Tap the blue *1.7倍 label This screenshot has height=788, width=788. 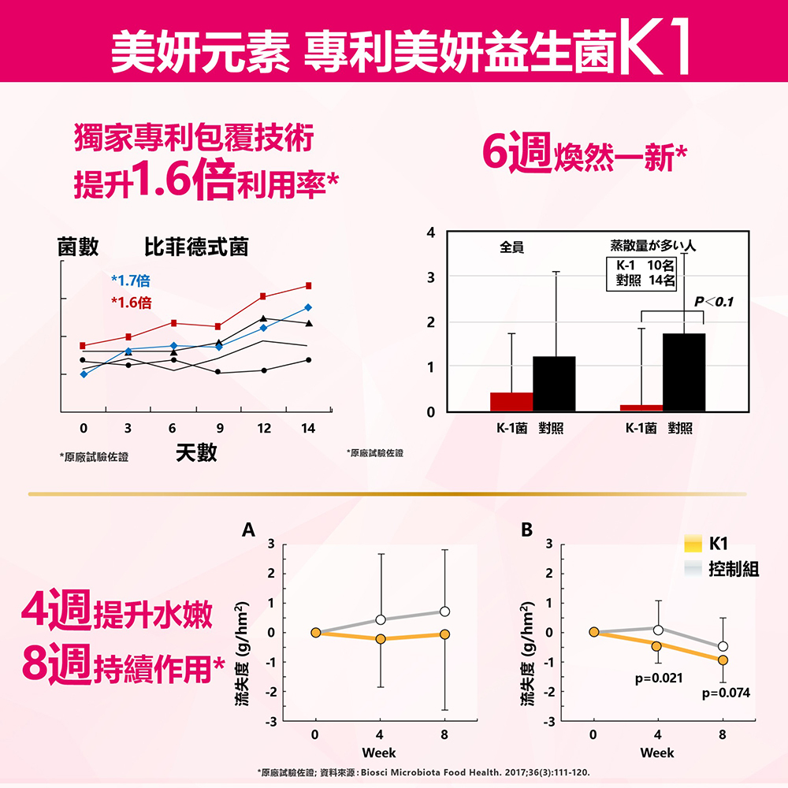click(x=131, y=281)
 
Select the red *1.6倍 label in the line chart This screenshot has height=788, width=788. click(x=131, y=303)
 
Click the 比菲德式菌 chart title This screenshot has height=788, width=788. click(x=196, y=247)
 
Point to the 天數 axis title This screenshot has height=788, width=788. click(x=196, y=454)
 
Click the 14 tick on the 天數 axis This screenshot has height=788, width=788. click(x=308, y=429)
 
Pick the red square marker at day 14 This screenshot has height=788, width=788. click(x=308, y=285)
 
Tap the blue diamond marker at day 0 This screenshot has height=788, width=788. click(x=84, y=374)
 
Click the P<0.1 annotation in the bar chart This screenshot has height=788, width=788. click(x=713, y=302)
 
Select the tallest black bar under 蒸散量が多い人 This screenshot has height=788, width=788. click(x=683, y=372)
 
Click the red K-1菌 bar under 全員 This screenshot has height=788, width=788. click(x=511, y=402)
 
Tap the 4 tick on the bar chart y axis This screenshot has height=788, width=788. click(x=430, y=232)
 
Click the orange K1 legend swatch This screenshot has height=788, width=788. click(x=693, y=544)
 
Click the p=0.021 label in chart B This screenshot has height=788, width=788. click(x=658, y=678)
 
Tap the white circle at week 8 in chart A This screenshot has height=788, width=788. click(x=445, y=611)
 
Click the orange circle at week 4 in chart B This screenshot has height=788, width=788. click(x=656, y=646)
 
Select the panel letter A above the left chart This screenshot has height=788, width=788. click(x=249, y=529)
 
